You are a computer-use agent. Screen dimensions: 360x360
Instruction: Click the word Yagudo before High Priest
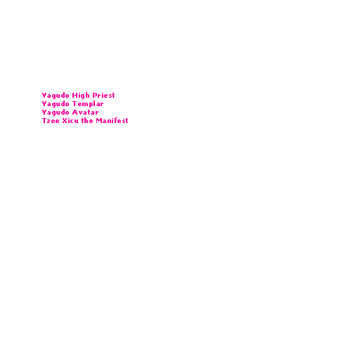56,96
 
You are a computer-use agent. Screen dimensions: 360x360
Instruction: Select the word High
81,96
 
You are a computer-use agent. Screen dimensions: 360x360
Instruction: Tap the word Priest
103,95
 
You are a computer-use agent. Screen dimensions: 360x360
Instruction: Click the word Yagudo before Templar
56,104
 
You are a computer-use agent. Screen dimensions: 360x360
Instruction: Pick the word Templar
88,104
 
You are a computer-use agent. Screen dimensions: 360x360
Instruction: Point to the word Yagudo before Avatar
56,112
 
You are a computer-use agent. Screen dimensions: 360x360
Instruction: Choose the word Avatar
85,112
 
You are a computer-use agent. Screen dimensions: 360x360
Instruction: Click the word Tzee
51,121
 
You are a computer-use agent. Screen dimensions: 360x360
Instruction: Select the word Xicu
70,121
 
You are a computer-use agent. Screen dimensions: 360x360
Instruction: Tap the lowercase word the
87,120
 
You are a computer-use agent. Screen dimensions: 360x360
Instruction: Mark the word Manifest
112,120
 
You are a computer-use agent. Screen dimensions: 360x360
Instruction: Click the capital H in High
75,96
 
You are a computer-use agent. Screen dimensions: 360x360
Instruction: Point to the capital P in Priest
95,96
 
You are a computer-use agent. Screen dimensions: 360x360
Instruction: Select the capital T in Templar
75,104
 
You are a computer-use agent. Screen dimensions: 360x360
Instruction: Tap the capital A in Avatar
75,112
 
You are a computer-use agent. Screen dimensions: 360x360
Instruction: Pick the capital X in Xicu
65,121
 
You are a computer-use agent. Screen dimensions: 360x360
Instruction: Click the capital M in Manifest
99,121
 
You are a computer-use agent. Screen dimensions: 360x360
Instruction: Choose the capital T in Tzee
44,121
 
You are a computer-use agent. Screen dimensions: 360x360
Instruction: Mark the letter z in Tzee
49,122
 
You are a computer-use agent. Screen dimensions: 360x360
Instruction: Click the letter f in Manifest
117,120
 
